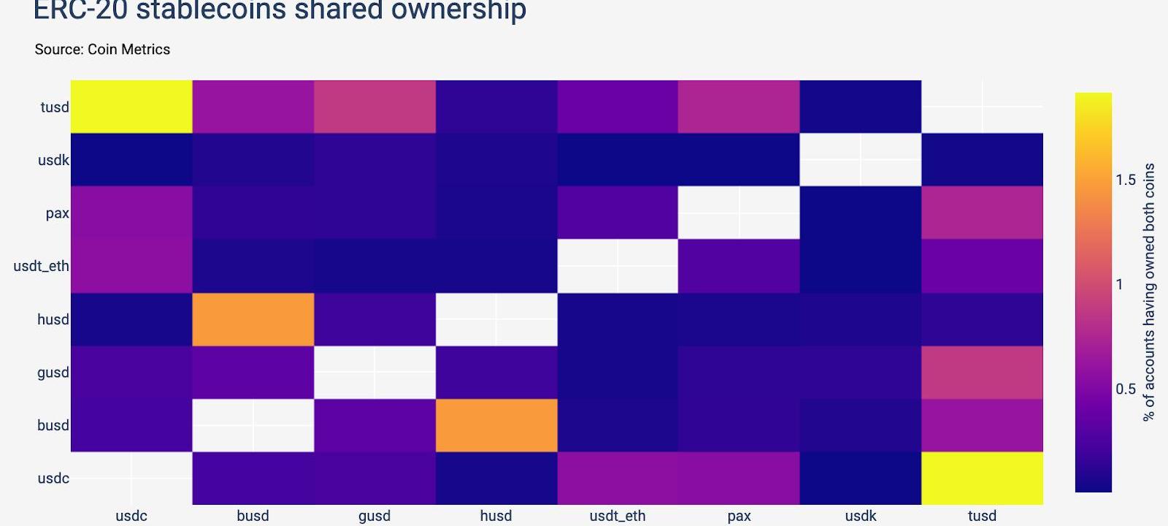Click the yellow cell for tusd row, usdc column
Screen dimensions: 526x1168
(131, 107)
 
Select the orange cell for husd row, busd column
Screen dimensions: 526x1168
(253, 319)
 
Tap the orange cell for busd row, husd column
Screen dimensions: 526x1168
(496, 425)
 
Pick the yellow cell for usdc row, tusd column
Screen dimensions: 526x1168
(982, 478)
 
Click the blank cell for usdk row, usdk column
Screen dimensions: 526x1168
(861, 159)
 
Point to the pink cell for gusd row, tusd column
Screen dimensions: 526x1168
(982, 372)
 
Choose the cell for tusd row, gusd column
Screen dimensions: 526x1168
(374, 107)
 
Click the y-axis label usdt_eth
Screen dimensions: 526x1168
(42, 266)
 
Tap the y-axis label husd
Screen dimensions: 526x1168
(53, 319)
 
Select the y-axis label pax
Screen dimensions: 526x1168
(57, 213)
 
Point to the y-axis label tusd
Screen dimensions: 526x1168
(55, 107)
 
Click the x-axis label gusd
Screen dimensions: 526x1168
(374, 516)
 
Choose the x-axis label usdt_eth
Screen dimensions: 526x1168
(618, 516)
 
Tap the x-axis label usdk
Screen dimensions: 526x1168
(861, 516)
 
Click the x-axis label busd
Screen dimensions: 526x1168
(253, 516)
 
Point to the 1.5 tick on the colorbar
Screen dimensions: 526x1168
(1126, 180)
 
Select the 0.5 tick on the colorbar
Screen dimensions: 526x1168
(1126, 389)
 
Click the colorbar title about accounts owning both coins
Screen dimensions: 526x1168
(1149, 292)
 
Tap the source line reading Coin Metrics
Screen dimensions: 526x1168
(102, 50)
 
